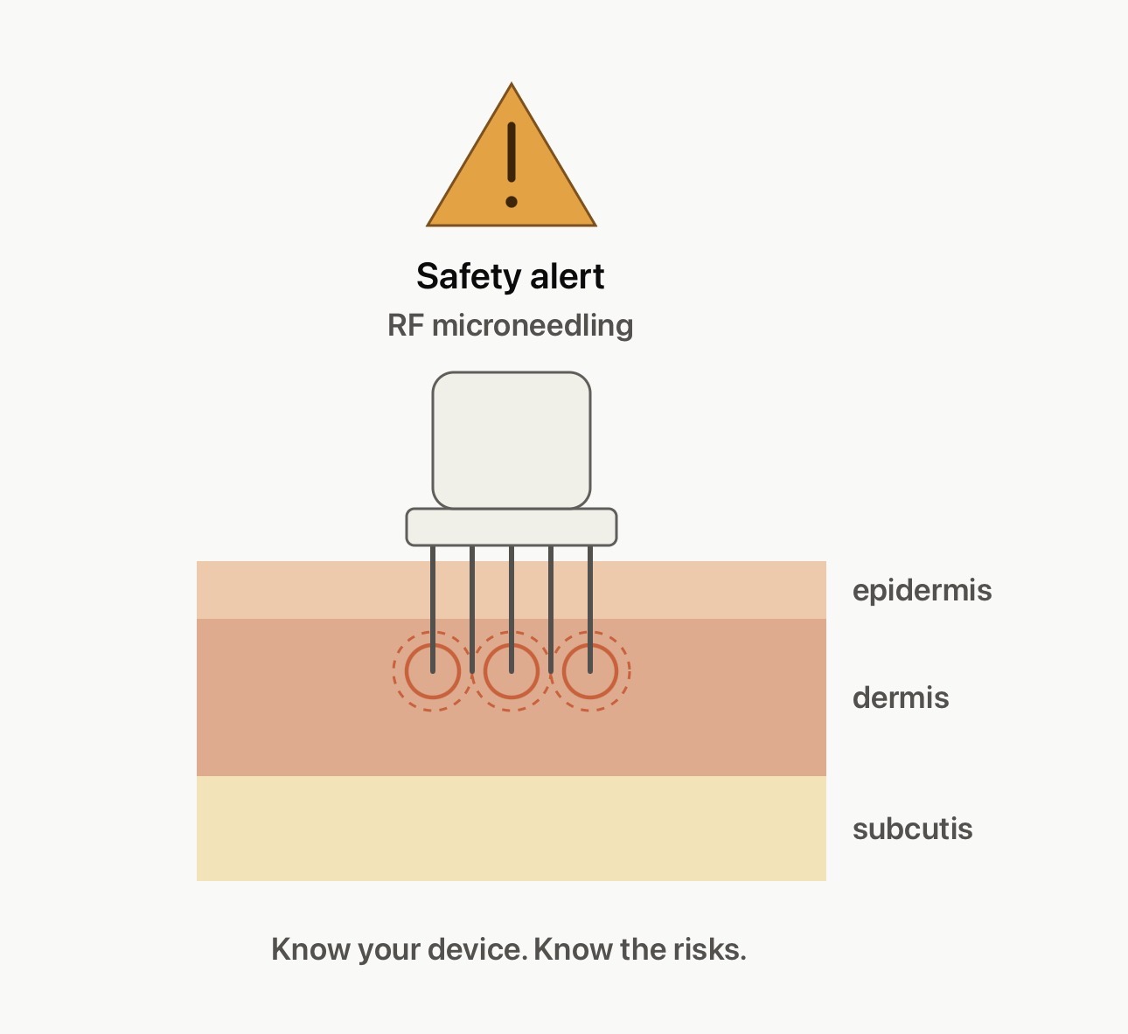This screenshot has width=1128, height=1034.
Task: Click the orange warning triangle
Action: click(x=512, y=169)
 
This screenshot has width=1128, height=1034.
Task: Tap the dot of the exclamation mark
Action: click(x=512, y=201)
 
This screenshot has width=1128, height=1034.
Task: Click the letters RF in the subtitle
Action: click(x=406, y=325)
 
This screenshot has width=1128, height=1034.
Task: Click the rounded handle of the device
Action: click(x=512, y=441)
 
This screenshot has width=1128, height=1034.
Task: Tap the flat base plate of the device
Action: click(x=512, y=527)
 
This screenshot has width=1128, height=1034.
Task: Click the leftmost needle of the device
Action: click(x=433, y=609)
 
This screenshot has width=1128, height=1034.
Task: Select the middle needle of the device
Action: click(x=512, y=609)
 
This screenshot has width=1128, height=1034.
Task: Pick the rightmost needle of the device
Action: click(x=590, y=609)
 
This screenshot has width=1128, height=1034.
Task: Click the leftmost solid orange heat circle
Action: click(x=406, y=671)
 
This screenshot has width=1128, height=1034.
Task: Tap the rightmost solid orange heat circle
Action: click(x=563, y=671)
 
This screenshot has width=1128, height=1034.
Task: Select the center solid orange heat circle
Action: click(x=484, y=671)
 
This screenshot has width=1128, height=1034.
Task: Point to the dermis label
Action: click(x=901, y=698)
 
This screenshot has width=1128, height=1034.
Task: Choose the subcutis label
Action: click(x=913, y=829)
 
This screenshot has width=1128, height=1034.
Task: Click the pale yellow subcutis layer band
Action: click(x=512, y=829)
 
